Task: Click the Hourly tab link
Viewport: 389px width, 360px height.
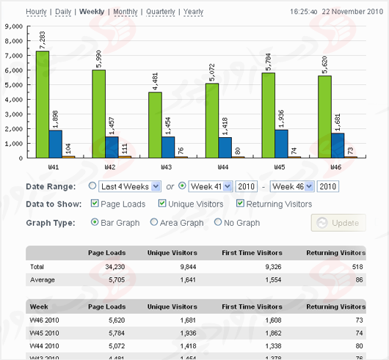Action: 37,12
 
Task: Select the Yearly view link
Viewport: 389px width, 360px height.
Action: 193,12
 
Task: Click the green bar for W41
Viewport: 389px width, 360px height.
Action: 43,104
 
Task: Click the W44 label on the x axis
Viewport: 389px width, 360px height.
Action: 223,167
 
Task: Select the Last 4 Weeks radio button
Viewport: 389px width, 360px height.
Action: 92,186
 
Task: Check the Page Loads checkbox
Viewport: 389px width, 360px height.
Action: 95,204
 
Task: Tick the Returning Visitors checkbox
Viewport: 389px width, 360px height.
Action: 241,204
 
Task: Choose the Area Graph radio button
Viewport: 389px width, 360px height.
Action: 154,222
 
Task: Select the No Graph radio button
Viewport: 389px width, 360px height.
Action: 218,222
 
